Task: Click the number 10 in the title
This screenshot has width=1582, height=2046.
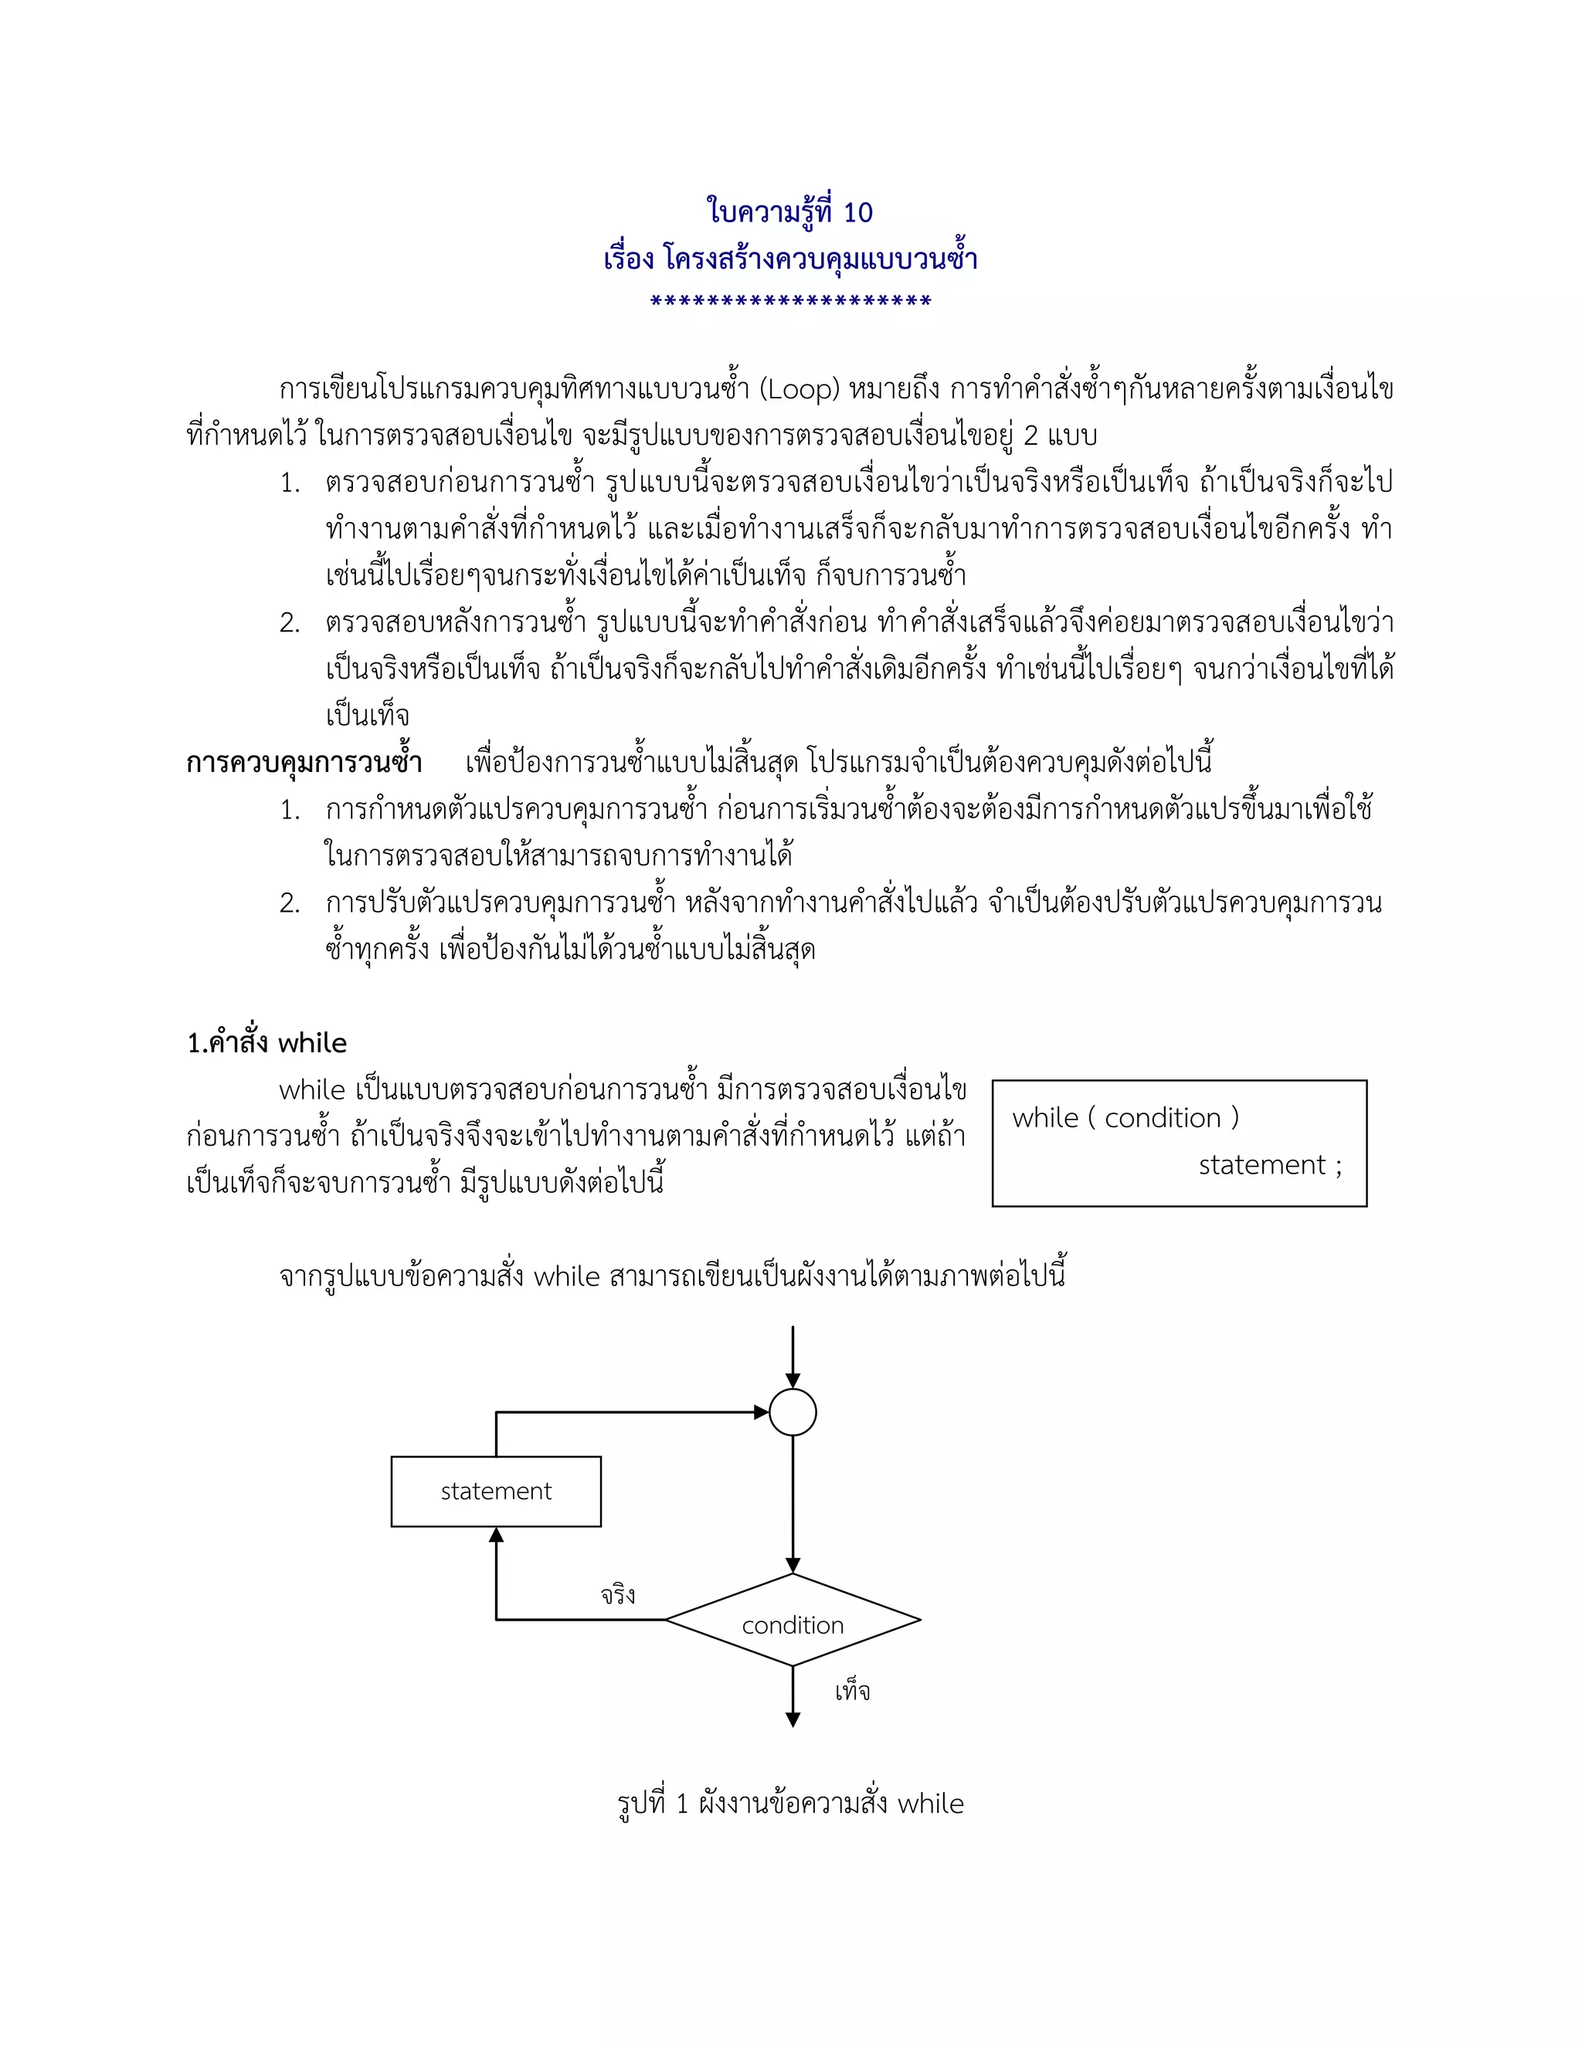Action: click(857, 212)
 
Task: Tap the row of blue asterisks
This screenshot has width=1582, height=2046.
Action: click(790, 302)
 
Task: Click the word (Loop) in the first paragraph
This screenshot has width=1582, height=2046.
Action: click(799, 389)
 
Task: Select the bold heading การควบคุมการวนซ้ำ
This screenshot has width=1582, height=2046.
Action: click(304, 763)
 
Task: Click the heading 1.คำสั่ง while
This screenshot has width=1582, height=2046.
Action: click(267, 1042)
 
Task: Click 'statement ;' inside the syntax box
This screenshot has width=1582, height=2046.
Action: click(1270, 1164)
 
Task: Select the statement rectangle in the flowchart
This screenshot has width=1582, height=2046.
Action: click(496, 1492)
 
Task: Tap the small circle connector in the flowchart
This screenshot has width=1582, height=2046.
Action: click(793, 1413)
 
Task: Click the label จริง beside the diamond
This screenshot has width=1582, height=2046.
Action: click(619, 1594)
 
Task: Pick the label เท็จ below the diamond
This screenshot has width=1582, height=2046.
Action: click(852, 1691)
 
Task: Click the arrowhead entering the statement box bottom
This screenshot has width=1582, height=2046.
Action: click(496, 1535)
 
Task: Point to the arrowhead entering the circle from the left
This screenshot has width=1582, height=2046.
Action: click(762, 1413)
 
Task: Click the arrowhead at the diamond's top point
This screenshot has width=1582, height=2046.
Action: click(793, 1566)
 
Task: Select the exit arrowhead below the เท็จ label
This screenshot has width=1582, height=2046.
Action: click(793, 1720)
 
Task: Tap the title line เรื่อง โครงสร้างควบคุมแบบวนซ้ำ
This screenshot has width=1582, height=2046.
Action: click(790, 258)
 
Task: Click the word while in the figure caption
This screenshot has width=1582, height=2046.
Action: click(931, 1803)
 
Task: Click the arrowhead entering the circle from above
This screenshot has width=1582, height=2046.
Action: click(793, 1382)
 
